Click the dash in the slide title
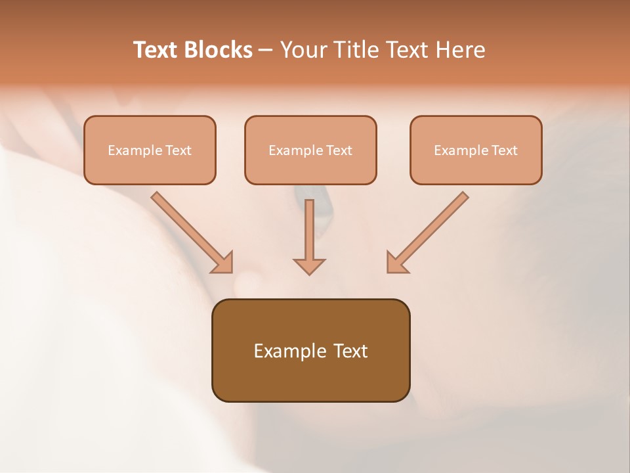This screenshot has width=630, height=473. coord(266,51)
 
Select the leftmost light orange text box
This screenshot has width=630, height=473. coord(150,150)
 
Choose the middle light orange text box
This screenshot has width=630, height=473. coord(310,150)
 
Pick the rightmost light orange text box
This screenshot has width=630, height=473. coord(476,150)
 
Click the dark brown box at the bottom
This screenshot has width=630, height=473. coord(310,351)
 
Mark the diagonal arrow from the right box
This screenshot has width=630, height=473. coord(427,233)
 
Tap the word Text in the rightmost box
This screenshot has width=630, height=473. coord(504,150)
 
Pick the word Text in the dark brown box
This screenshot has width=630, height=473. coord(350,351)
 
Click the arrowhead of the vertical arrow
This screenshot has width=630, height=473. coord(309,266)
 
